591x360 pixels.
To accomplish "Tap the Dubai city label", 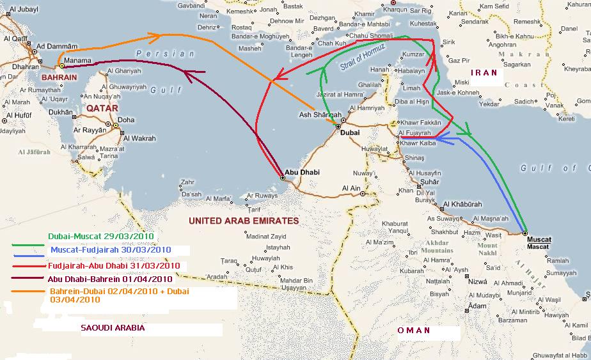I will tap(350, 132).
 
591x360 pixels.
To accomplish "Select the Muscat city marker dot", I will tap(524, 233).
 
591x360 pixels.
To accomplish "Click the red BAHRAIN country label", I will tap(59, 77).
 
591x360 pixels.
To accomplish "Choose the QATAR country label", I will tap(102, 108).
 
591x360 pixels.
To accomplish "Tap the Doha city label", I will tap(126, 120).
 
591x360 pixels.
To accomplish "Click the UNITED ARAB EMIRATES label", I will tap(244, 221).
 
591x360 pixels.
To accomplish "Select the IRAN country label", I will tap(484, 73).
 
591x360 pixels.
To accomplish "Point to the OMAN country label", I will tap(413, 331).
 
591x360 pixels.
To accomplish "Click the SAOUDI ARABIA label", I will tap(113, 327).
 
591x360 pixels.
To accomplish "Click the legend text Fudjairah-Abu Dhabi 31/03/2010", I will tap(113, 265).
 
